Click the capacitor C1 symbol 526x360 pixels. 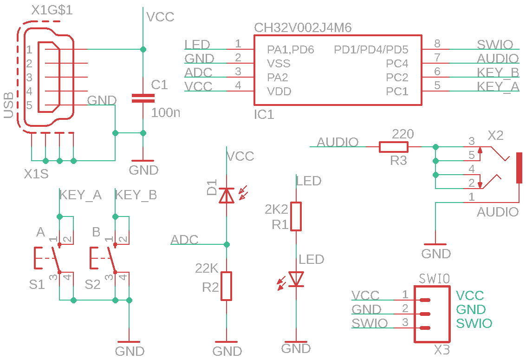[143, 98]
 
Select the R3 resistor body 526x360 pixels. [394, 147]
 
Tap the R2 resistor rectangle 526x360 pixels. [227, 286]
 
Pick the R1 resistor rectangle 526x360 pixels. [296, 216]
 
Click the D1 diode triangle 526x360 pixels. [227, 196]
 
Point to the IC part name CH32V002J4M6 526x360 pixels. [303, 28]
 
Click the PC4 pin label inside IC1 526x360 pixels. [397, 63]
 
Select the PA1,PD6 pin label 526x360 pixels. [291, 49]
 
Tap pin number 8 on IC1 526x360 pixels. [437, 44]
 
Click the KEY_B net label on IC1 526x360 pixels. [498, 72]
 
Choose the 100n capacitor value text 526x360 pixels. [166, 112]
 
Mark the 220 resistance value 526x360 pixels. [403, 135]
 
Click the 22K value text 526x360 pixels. [207, 268]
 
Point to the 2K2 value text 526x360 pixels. [276, 209]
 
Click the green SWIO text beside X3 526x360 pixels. [474, 323]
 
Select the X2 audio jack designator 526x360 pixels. [495, 135]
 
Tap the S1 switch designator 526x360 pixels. [37, 284]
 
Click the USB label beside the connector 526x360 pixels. [9, 105]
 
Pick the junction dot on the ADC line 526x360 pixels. [227, 244]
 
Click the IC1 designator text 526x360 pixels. [264, 114]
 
